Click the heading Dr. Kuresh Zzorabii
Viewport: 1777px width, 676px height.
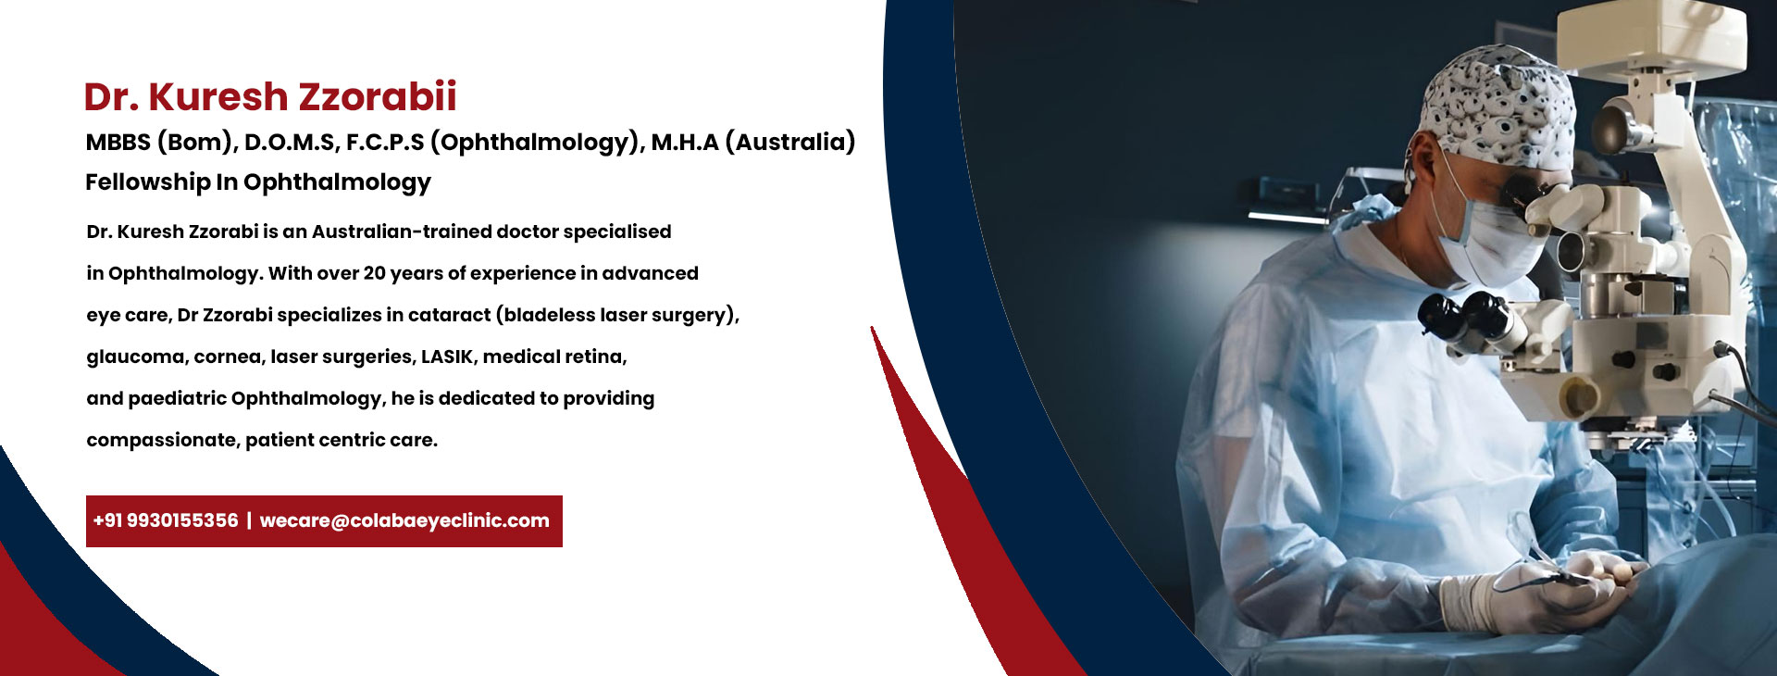pyautogui.click(x=270, y=96)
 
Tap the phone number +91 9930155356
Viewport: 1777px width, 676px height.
pyautogui.click(x=166, y=520)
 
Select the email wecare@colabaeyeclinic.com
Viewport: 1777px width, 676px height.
pyautogui.click(x=404, y=521)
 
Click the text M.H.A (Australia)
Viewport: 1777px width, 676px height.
pyautogui.click(x=753, y=142)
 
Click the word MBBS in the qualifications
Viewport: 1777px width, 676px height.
pyautogui.click(x=118, y=142)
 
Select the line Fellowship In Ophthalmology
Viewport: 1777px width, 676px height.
pyautogui.click(x=258, y=182)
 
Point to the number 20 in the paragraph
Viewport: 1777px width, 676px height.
pyautogui.click(x=374, y=273)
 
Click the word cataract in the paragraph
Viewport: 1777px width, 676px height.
pyautogui.click(x=449, y=315)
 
